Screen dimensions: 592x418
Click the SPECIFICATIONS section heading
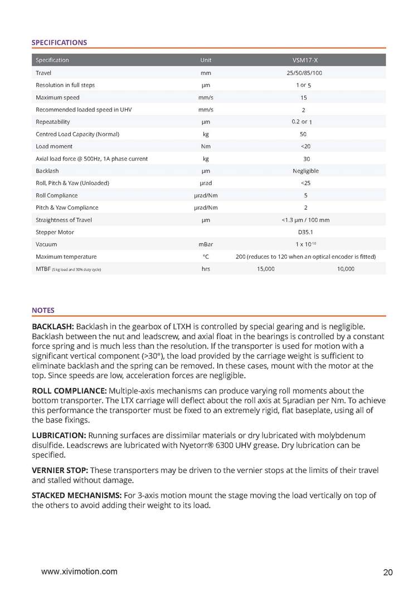pyautogui.click(x=59, y=42)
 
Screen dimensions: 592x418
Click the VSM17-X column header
pyautogui.click(x=306, y=60)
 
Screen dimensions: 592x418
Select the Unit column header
pyautogui.click(x=206, y=60)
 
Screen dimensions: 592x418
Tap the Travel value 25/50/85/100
pyautogui.click(x=306, y=73)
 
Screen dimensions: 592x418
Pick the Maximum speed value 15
pyautogui.click(x=306, y=98)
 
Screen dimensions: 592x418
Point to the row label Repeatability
pyautogui.click(x=53, y=122)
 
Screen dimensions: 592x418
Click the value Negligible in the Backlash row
pyautogui.click(x=306, y=171)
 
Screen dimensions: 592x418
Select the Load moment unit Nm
pyautogui.click(x=206, y=146)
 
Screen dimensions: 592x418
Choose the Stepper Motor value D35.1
pyautogui.click(x=306, y=232)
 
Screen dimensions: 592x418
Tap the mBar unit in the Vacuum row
pyautogui.click(x=206, y=244)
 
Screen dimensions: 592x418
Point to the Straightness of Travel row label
pyautogui.click(x=64, y=220)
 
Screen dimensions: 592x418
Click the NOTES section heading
pyautogui.click(x=43, y=310)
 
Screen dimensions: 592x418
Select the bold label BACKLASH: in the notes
pyautogui.click(x=52, y=325)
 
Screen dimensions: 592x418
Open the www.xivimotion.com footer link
pyautogui.click(x=80, y=571)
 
